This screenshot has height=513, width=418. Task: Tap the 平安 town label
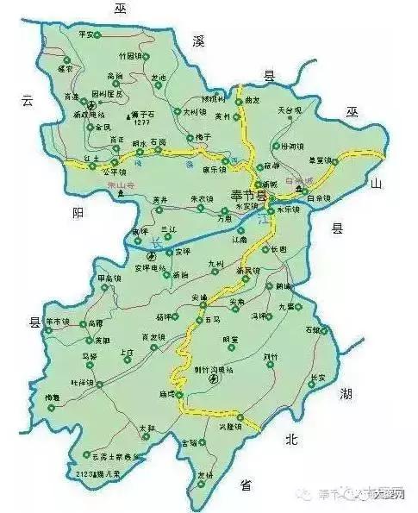point(84,34)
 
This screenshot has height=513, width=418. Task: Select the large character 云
point(27,101)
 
